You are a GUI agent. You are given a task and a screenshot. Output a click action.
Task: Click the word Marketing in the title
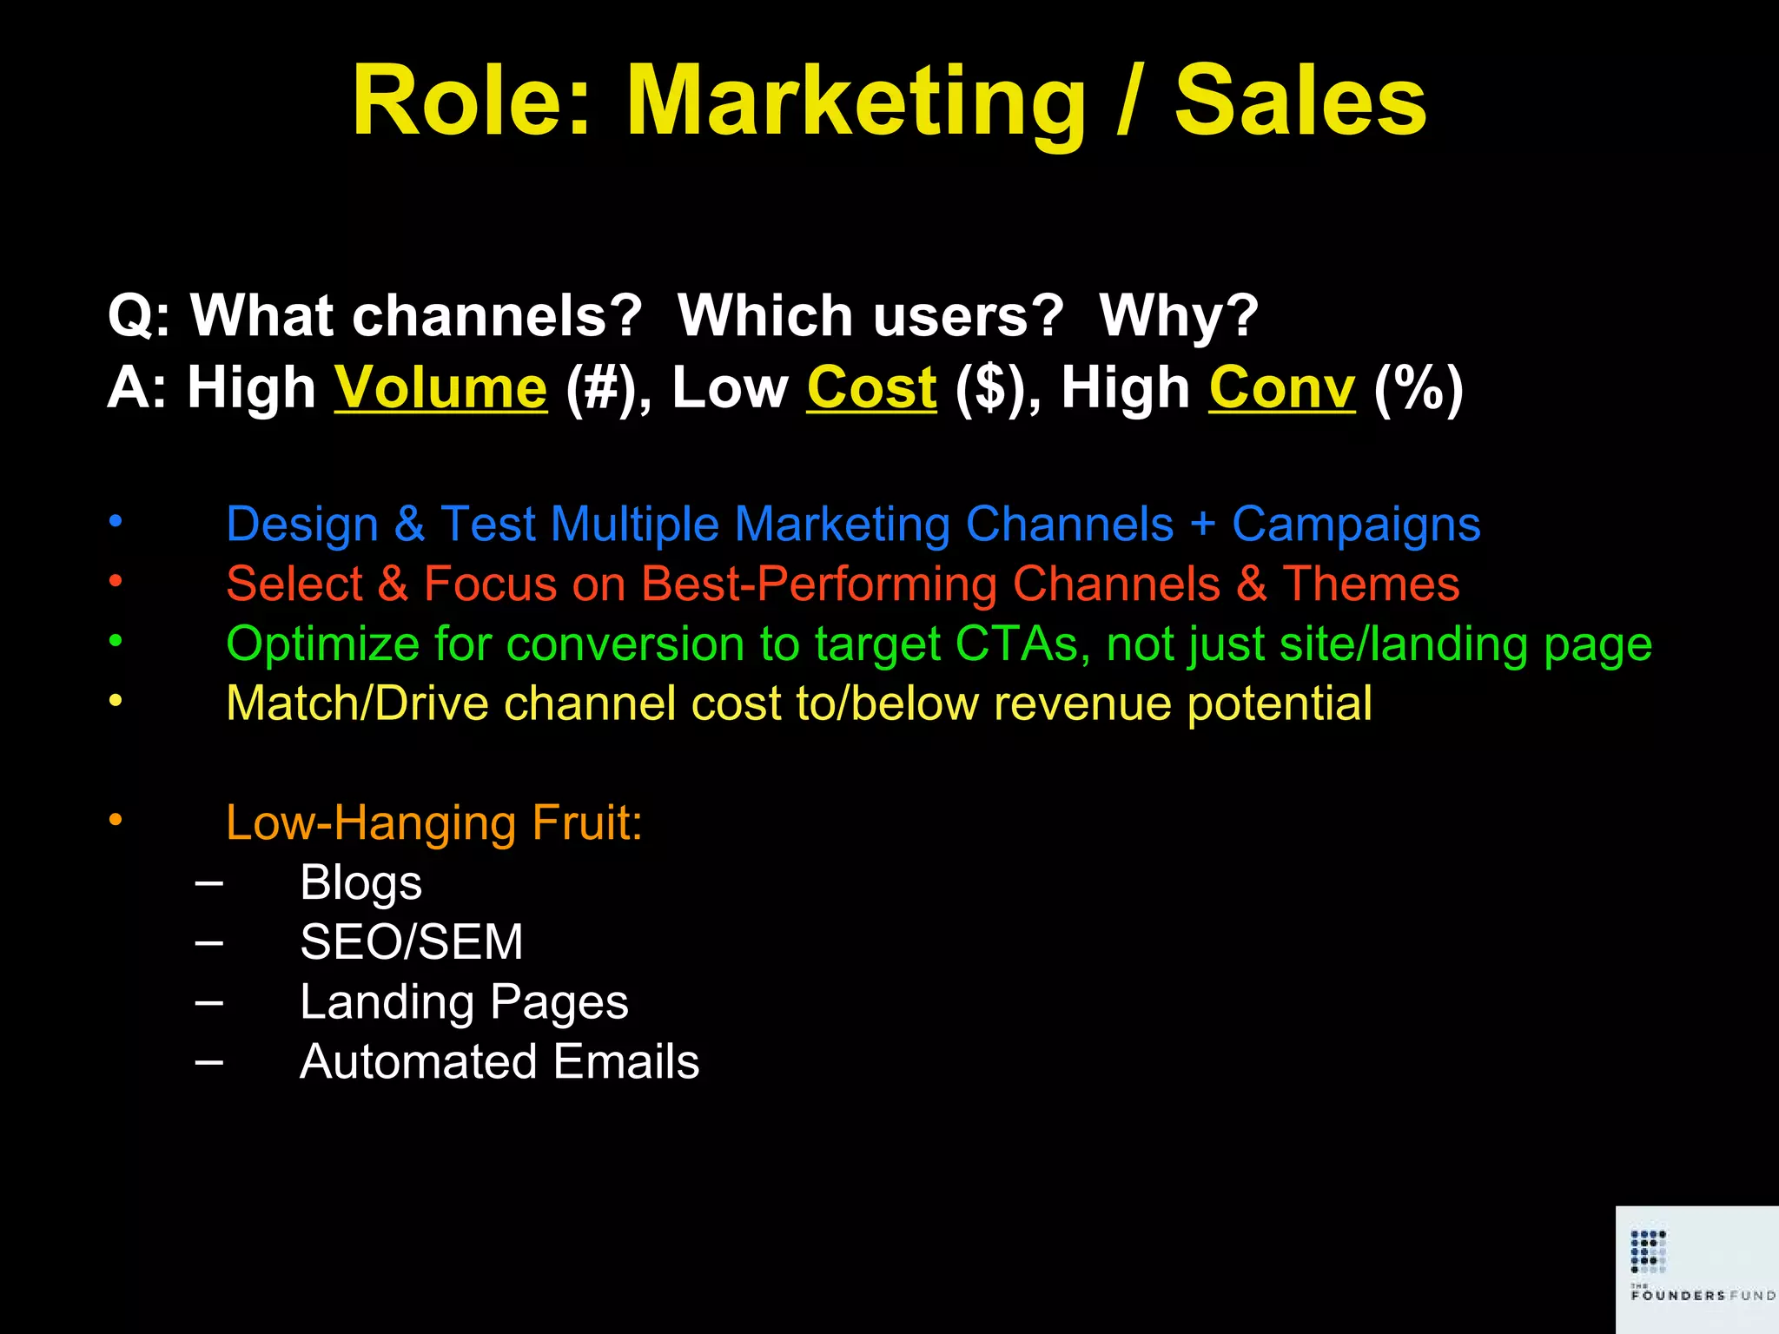coord(856,102)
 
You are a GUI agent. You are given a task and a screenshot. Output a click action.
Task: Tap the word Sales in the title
coord(1300,102)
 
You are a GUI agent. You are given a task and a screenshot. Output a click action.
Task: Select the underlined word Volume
coord(441,387)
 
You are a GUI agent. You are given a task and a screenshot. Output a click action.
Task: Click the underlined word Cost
coord(871,387)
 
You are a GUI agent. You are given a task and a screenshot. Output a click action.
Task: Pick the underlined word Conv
coord(1281,387)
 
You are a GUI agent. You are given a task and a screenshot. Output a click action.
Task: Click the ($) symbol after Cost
coord(995,387)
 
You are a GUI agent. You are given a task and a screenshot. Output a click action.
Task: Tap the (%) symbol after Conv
coord(1418,387)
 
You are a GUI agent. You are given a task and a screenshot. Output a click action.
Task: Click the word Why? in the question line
coord(1179,315)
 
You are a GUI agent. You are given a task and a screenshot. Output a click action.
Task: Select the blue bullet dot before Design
coord(116,522)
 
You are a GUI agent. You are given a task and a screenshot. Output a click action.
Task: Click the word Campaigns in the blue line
coord(1356,525)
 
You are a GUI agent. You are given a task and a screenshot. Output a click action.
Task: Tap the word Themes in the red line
coord(1371,584)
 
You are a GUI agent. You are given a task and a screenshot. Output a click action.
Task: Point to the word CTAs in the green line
coord(1016,644)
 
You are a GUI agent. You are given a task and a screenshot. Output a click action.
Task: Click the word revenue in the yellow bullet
coord(1082,703)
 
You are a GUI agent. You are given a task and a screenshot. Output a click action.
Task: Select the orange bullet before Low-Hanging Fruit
coord(116,820)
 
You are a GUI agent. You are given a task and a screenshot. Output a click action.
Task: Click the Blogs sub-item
coord(360,883)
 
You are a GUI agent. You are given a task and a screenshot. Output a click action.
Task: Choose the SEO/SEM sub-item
coord(411,942)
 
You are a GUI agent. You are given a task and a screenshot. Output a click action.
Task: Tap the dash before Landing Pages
coord(209,1002)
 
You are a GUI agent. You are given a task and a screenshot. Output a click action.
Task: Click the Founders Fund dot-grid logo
coord(1648,1251)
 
